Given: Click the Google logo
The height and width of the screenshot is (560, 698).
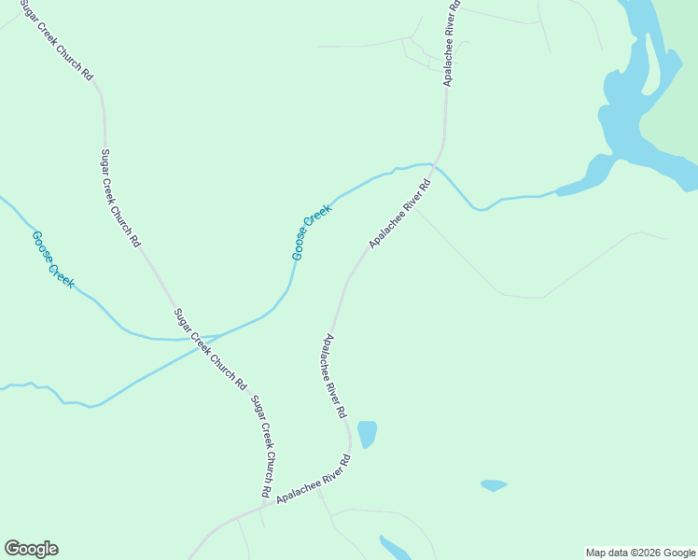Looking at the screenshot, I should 31,549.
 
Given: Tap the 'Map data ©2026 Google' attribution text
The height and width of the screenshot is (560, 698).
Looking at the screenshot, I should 641,553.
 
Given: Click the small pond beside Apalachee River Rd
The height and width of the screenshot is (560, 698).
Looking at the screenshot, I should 367,433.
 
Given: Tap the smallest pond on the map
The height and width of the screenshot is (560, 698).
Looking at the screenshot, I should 493,485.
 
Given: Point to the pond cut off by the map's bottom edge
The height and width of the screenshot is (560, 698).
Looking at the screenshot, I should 395,549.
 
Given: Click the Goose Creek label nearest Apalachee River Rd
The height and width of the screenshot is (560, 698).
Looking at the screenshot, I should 312,231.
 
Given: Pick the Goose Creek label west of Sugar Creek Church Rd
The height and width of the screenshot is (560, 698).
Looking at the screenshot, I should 51,259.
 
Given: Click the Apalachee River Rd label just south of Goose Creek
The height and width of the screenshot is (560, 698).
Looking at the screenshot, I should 400,214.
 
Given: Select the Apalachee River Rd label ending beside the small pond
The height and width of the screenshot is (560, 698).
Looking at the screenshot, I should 334,375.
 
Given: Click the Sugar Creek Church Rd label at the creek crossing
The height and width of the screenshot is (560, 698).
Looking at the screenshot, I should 210,348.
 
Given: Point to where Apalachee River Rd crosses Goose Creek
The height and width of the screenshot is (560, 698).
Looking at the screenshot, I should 438,165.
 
